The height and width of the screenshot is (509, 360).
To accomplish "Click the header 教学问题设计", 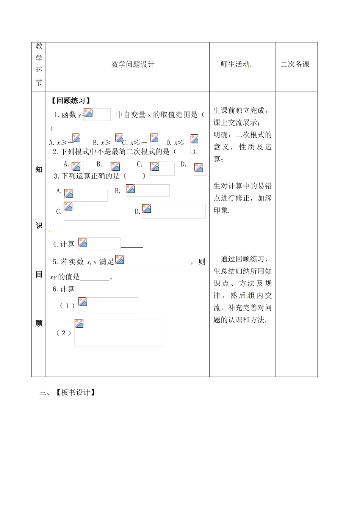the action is [133, 64].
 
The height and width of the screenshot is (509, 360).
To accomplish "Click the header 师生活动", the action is [235, 64].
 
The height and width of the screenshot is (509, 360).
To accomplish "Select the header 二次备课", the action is [295, 64].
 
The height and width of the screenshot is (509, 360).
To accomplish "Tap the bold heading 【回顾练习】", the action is [71, 101].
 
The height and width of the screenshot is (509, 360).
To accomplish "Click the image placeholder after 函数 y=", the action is [97, 114].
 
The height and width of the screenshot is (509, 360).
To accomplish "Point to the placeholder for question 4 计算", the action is [99, 244].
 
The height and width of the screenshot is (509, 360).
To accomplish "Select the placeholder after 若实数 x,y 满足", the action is [152, 261].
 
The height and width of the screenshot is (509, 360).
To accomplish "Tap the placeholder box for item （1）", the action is [108, 305].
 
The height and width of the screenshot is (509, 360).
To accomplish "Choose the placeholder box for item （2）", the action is [119, 333].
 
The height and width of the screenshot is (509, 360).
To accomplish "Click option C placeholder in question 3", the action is [92, 211].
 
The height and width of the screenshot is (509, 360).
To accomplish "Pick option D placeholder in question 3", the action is [174, 211].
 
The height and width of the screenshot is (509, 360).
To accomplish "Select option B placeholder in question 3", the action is [147, 190].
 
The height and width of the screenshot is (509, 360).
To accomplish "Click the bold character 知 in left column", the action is [39, 170].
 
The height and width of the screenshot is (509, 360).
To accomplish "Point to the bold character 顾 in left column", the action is [39, 323].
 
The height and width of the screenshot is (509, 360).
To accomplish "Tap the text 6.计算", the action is [64, 289].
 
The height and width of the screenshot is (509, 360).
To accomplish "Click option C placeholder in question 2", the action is [162, 168].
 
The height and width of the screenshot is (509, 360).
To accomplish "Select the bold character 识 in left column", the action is [39, 226].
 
